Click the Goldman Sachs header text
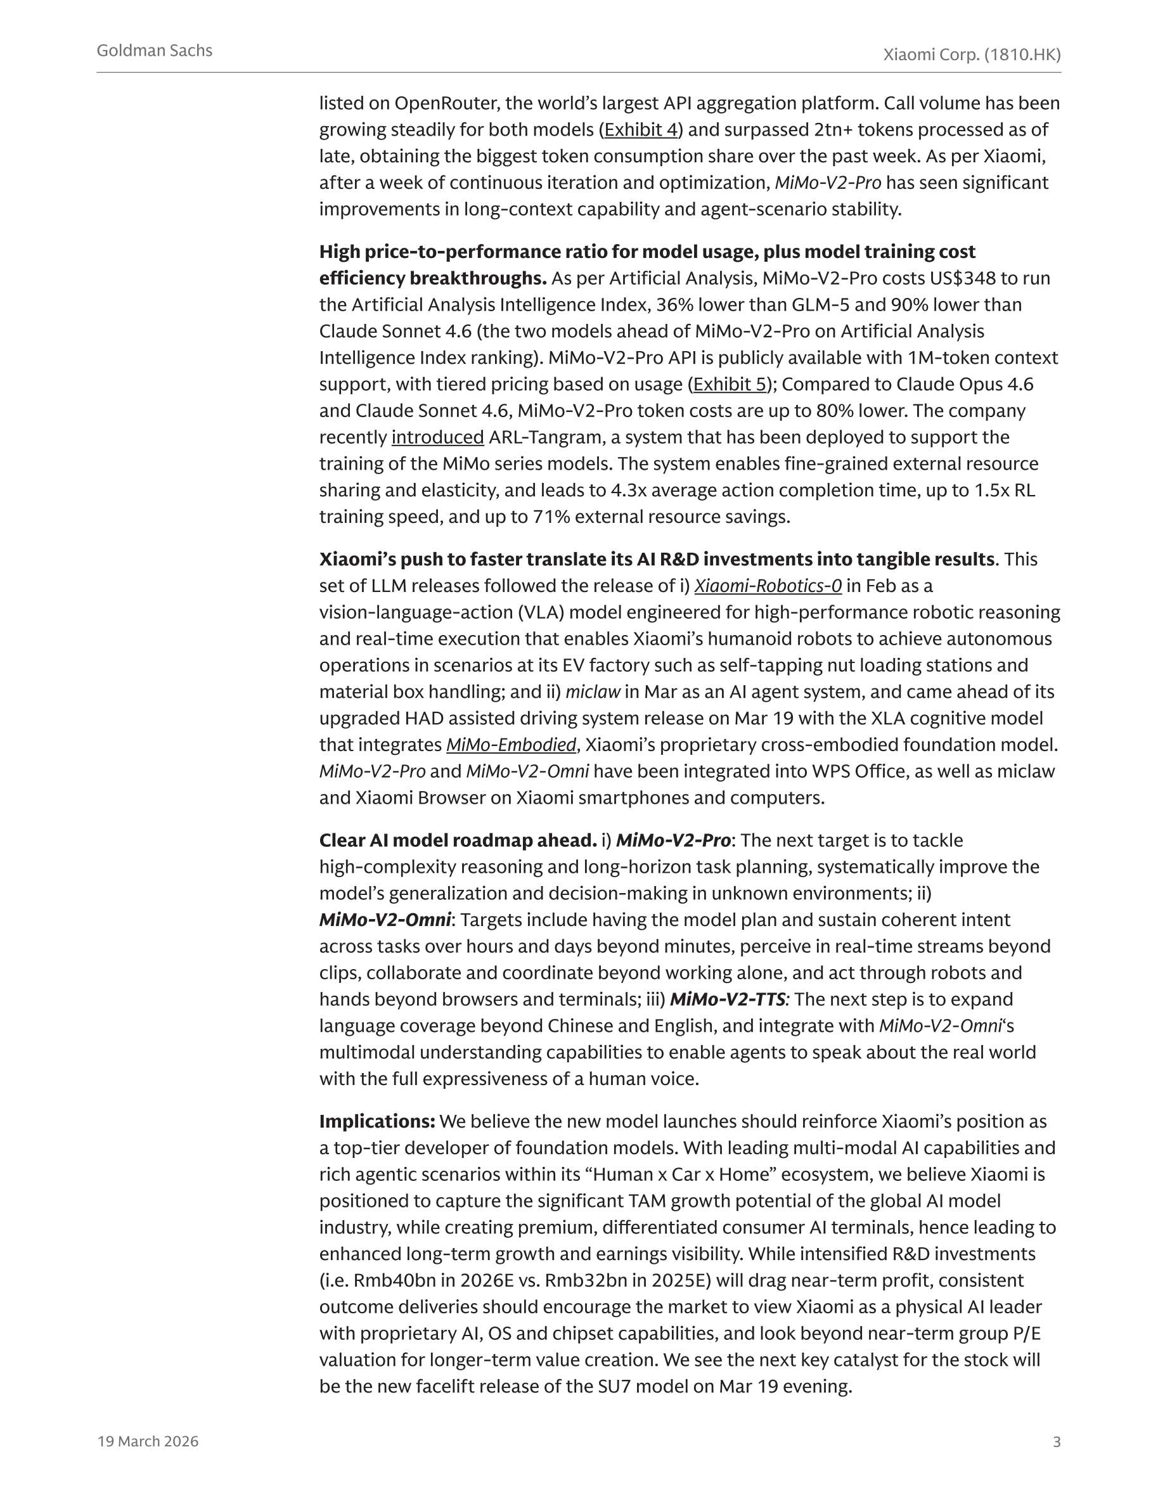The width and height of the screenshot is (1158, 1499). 155,51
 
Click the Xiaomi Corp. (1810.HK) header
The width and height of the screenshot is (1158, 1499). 971,55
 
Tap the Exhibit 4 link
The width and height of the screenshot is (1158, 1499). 640,130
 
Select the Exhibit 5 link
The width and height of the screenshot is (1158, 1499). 730,384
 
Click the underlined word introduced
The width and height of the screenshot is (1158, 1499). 437,437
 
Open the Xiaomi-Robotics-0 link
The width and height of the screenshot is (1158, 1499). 768,586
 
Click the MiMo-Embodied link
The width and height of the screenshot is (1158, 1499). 511,745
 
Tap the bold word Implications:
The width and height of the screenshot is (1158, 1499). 377,1121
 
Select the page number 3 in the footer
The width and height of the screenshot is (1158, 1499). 1057,1442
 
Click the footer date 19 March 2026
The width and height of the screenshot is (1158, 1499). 148,1441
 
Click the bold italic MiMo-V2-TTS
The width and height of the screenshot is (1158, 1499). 727,1000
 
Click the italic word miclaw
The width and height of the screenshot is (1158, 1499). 593,692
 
